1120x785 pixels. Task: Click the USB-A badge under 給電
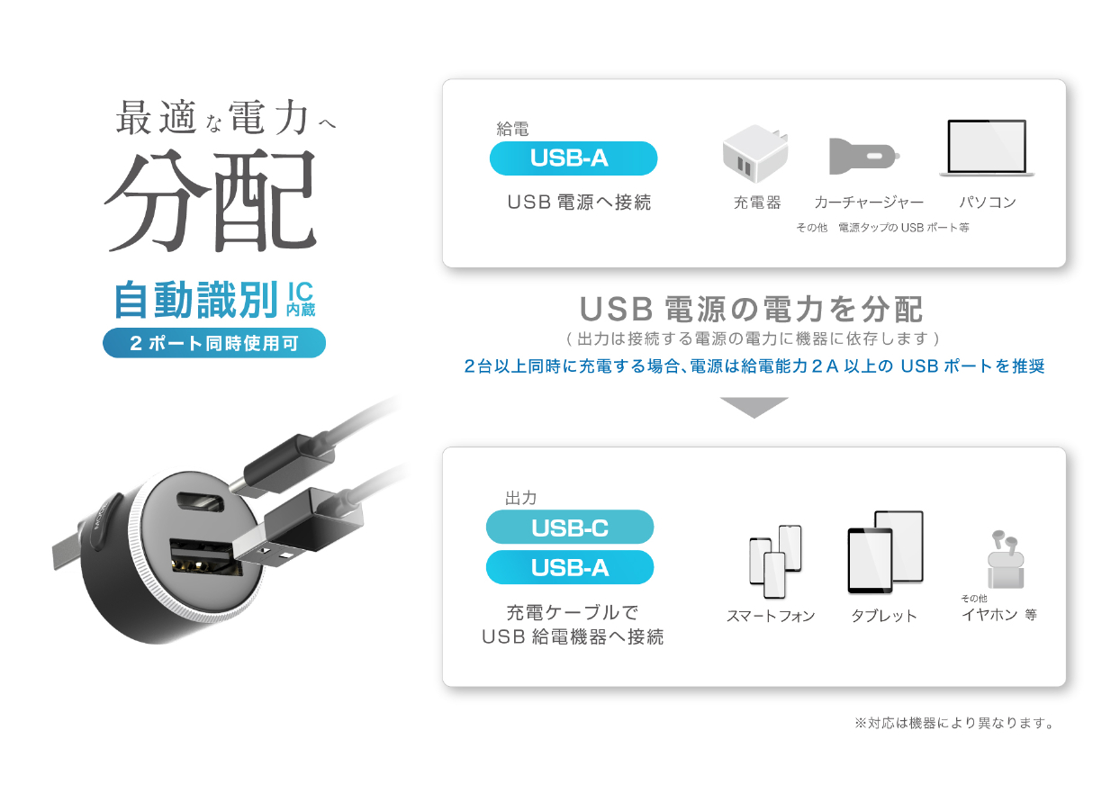click(573, 158)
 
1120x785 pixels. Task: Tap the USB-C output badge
click(570, 527)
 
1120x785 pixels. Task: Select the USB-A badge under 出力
click(570, 567)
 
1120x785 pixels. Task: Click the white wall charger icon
click(755, 153)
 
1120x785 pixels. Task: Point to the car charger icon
click(864, 156)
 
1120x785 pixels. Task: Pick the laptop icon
click(987, 148)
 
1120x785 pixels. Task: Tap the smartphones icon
click(775, 561)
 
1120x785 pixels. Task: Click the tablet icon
click(885, 552)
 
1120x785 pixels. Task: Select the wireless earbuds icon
click(1005, 560)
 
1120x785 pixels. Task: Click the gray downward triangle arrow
click(754, 406)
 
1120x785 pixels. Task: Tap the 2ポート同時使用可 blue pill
click(214, 343)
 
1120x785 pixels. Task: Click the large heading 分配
click(211, 201)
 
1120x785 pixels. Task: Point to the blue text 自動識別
click(196, 300)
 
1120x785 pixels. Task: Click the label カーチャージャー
click(869, 203)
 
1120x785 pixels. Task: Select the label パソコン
click(988, 202)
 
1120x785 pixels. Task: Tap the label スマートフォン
click(771, 616)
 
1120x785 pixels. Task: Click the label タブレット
click(884, 616)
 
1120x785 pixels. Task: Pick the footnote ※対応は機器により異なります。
click(954, 723)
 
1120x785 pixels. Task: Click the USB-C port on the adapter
click(201, 502)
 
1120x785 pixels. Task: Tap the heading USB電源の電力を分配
click(751, 309)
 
